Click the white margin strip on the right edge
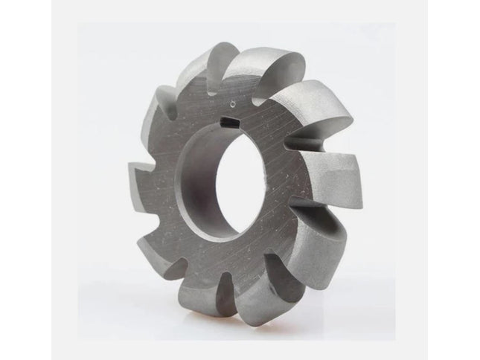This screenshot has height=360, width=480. click(454, 179)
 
